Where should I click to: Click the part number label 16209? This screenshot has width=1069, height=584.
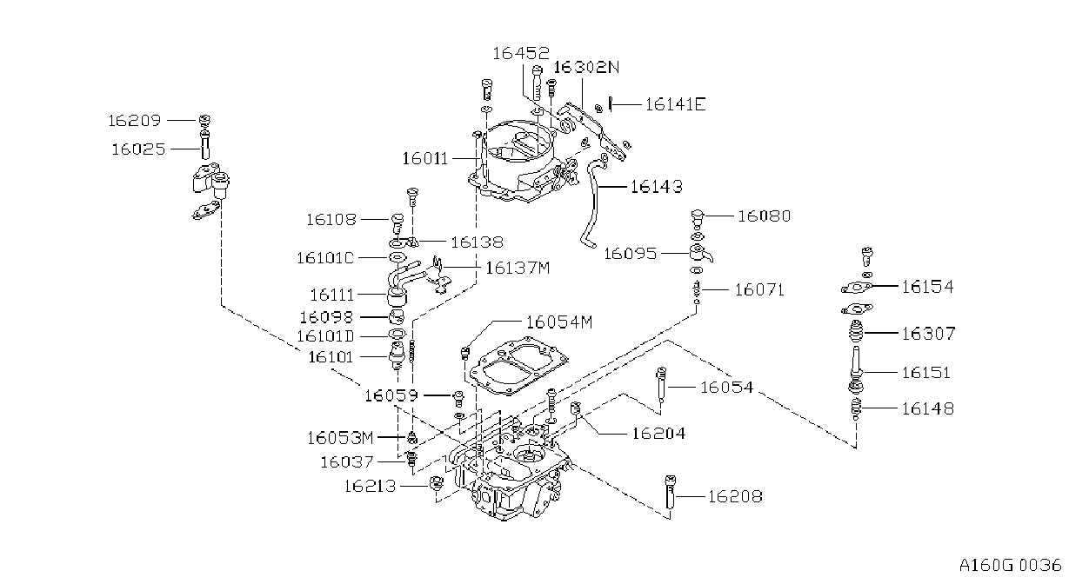tap(135, 121)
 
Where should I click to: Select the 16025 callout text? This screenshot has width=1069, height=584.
tap(138, 149)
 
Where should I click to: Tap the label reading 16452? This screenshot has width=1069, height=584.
tap(521, 53)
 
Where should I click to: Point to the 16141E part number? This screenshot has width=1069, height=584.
tap(675, 104)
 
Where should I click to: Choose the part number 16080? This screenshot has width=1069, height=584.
tap(765, 216)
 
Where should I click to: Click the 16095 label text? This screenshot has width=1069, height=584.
tap(631, 254)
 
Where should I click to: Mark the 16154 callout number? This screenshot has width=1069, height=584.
tap(928, 287)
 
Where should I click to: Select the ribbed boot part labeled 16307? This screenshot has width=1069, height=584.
tap(857, 332)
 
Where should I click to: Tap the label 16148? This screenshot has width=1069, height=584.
tap(928, 408)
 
